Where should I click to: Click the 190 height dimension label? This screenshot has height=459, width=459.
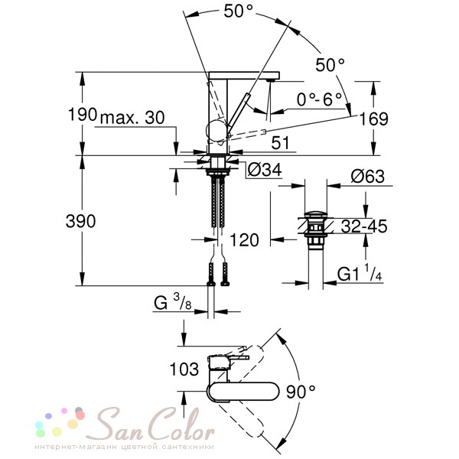click(x=83, y=114)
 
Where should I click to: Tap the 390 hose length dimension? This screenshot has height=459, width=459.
click(x=80, y=221)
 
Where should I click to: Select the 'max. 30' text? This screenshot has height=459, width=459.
click(x=132, y=118)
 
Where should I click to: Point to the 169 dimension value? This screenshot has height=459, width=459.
click(x=373, y=119)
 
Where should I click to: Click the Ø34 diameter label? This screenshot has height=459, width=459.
click(x=265, y=170)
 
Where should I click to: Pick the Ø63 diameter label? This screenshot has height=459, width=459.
click(x=368, y=176)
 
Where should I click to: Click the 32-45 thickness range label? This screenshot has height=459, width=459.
click(x=364, y=226)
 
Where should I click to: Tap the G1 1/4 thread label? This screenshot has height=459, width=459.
click(x=360, y=273)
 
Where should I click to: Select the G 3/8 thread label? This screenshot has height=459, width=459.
click(x=173, y=302)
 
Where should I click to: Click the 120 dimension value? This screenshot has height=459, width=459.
click(x=245, y=240)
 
